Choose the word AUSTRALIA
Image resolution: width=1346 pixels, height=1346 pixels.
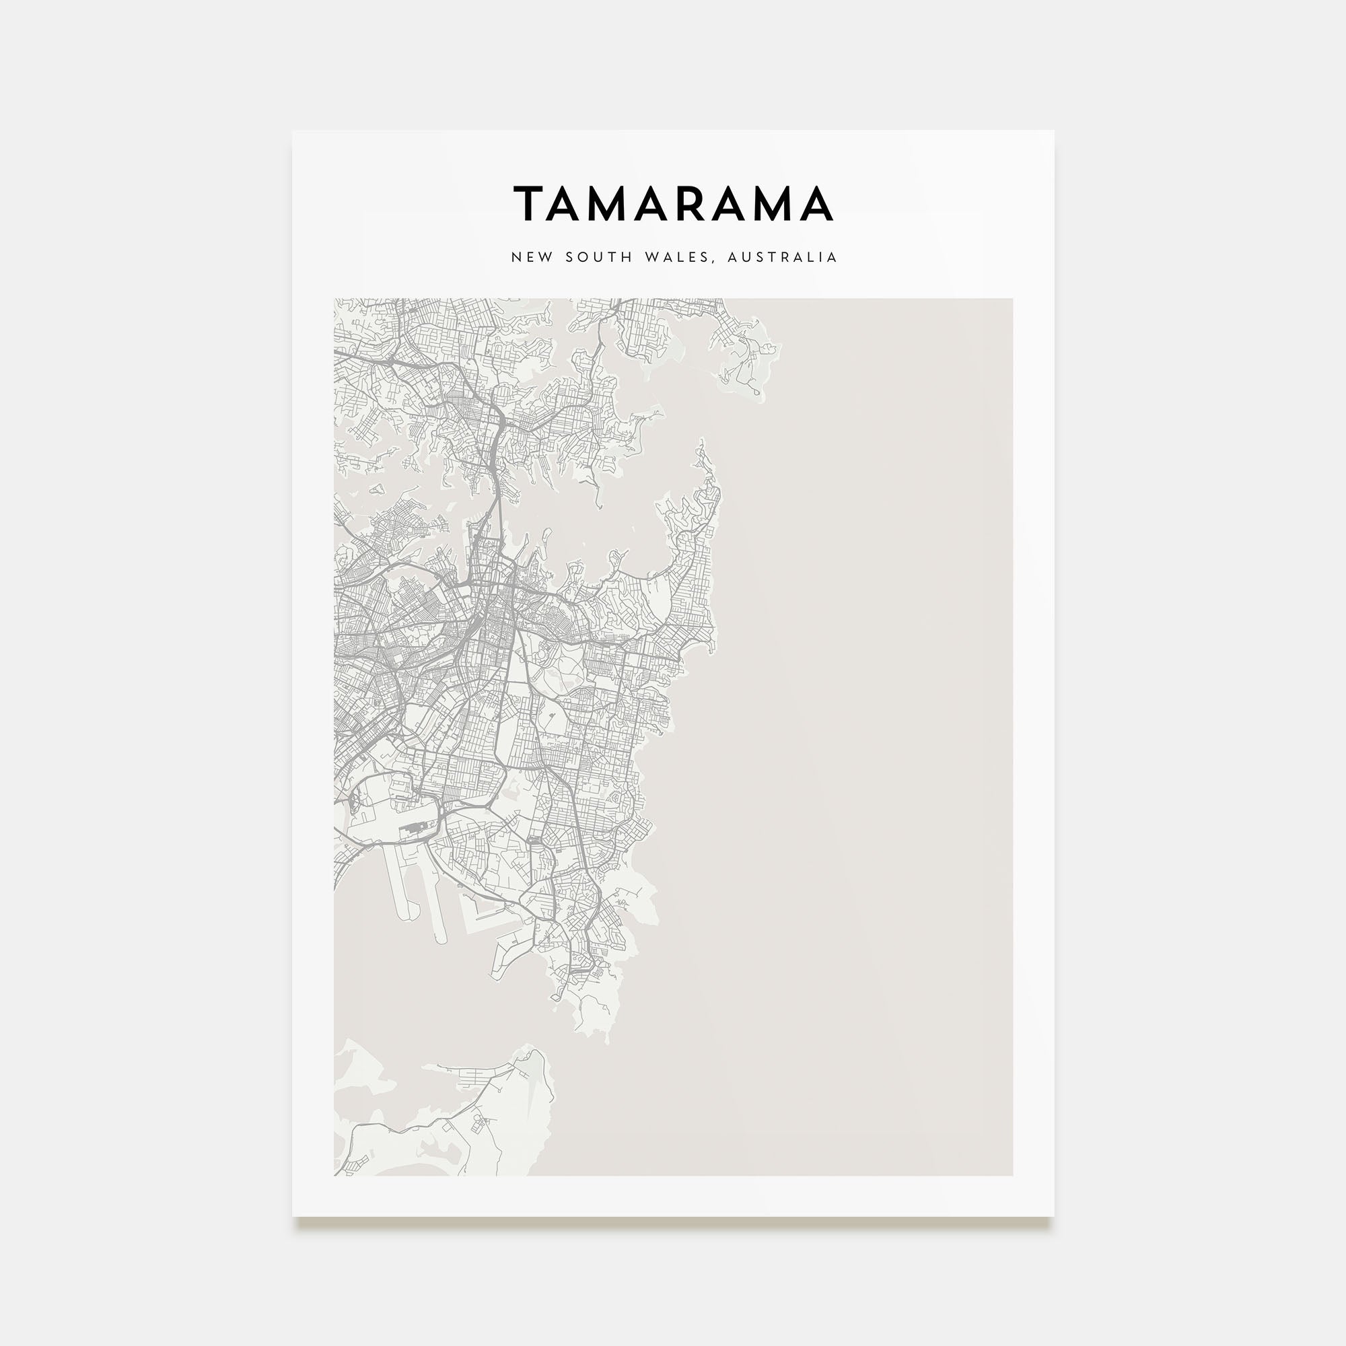781,257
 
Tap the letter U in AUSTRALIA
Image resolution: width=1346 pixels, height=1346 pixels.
746,257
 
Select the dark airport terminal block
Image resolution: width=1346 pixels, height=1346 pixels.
416,830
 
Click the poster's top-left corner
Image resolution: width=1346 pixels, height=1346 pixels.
293,132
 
